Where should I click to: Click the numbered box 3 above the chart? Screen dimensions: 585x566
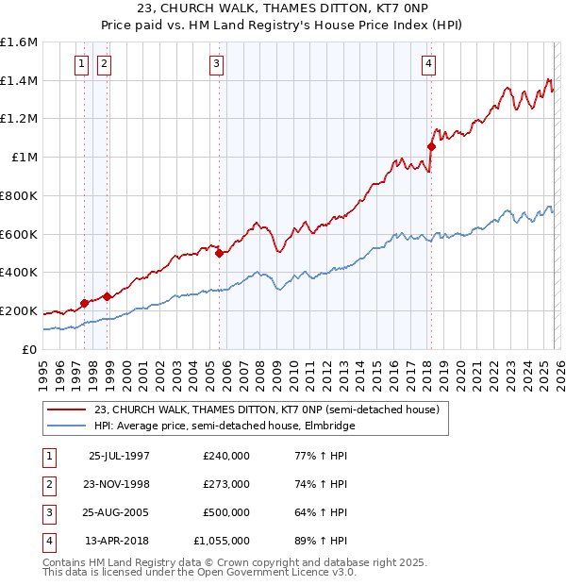click(216, 64)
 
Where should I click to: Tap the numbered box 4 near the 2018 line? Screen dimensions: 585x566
click(428, 64)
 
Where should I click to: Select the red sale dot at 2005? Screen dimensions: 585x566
click(220, 253)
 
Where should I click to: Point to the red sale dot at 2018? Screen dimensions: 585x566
click(431, 146)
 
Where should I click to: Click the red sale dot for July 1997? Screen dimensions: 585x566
click(84, 303)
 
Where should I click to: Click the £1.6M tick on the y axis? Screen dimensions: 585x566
click(19, 42)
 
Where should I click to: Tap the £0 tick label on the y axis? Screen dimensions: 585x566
click(30, 349)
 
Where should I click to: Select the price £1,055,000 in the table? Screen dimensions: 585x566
click(222, 541)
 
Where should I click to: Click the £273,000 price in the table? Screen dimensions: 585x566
click(226, 484)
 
